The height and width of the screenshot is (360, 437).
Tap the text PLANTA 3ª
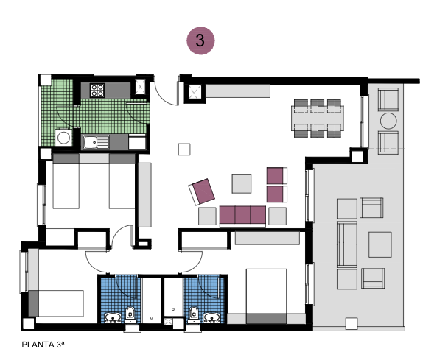(43, 343)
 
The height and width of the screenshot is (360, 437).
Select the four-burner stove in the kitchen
(97, 91)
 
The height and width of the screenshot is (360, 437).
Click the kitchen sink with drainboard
(95, 142)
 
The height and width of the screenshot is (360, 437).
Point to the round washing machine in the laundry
(64, 137)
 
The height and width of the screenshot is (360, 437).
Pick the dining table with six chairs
(318, 118)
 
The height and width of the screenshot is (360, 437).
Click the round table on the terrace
(388, 121)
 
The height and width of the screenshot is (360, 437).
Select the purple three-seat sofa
(242, 216)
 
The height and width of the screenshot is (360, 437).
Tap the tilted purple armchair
(202, 191)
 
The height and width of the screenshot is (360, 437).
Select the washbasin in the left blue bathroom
(113, 318)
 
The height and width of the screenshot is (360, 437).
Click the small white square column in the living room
(184, 149)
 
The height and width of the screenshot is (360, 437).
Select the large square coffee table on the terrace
(380, 244)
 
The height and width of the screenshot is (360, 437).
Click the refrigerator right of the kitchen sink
(138, 141)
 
